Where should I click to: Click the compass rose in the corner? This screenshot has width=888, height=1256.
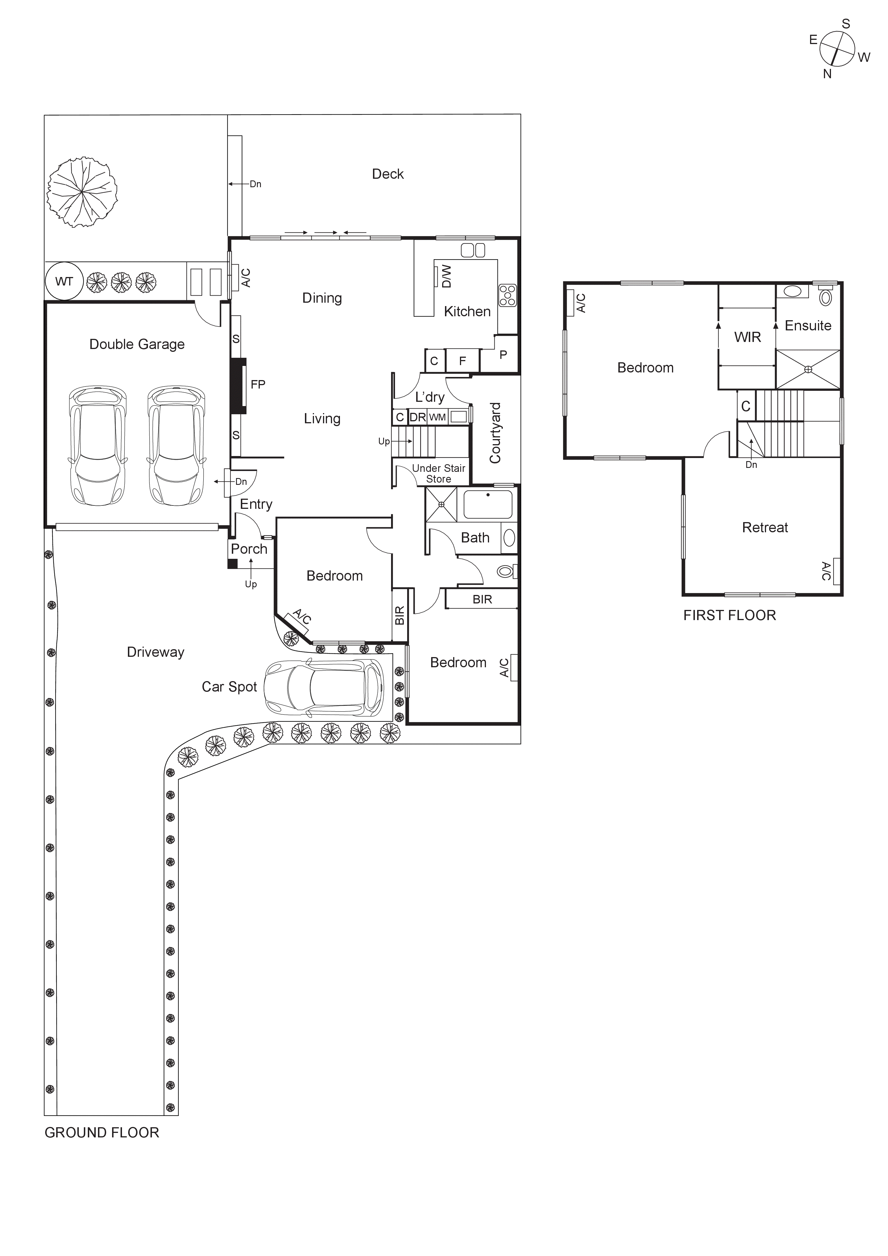[837, 49]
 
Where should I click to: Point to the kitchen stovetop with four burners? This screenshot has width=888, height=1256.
[507, 295]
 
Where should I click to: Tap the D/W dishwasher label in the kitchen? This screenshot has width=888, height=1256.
[446, 276]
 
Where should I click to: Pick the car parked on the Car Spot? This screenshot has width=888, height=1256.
[324, 687]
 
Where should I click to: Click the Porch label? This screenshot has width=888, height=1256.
[249, 549]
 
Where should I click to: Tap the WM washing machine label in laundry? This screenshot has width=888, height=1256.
[437, 417]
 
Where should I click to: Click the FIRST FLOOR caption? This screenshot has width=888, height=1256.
[729, 615]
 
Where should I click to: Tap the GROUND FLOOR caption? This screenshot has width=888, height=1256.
[102, 1132]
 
